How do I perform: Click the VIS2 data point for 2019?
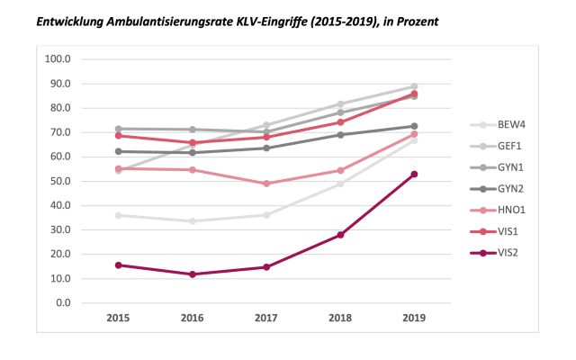pos(414,174)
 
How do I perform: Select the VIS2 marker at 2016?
pos(193,274)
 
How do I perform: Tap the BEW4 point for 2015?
pos(119,215)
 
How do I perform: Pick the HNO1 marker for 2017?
pos(266,184)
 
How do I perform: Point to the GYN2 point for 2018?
pos(340,135)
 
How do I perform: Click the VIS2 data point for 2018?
pos(340,235)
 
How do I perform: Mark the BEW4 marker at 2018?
pos(340,184)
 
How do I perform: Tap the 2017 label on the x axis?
pos(266,318)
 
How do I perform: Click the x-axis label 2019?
pos(414,318)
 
